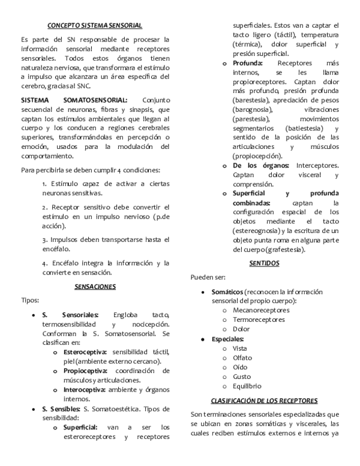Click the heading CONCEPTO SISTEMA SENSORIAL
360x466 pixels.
point(95,25)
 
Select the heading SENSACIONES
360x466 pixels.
point(95,287)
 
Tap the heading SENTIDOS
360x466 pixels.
point(263,263)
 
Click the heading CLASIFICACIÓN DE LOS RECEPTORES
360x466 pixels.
point(264,401)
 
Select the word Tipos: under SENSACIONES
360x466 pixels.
point(30,300)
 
